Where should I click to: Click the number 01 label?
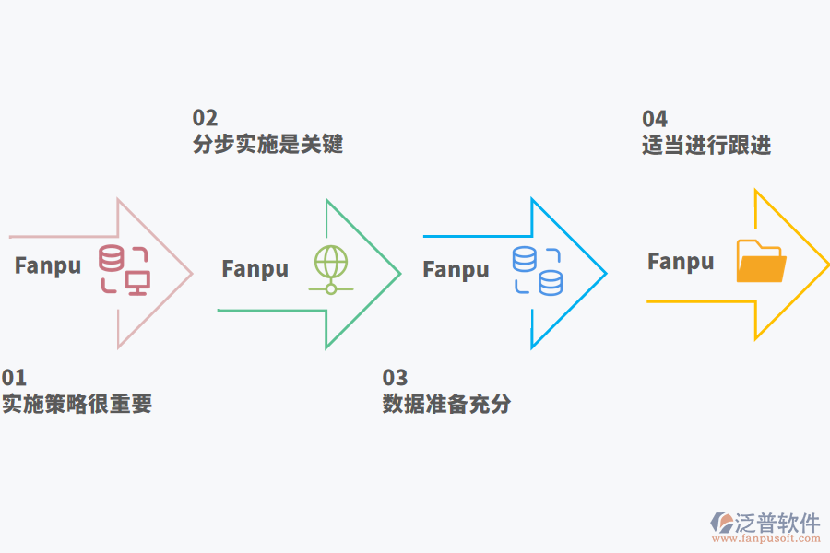click(x=14, y=377)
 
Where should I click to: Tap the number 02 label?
click(x=205, y=118)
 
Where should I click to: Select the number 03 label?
click(x=395, y=377)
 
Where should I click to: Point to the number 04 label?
click(x=655, y=119)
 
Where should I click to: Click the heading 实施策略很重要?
click(x=77, y=404)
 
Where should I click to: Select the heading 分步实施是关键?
click(x=267, y=145)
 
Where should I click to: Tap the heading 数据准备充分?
click(x=446, y=404)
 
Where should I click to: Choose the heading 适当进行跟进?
click(x=706, y=146)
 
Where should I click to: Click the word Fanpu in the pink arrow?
click(x=48, y=266)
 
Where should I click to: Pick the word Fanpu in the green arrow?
click(x=255, y=269)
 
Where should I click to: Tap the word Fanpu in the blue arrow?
click(x=456, y=270)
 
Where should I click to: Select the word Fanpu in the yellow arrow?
click(x=681, y=262)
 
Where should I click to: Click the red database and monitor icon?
click(x=125, y=270)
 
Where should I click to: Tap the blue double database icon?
click(x=538, y=271)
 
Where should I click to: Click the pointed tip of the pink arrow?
click(x=191, y=273)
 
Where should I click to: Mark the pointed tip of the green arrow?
click(x=399, y=274)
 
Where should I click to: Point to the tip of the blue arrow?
click(x=605, y=273)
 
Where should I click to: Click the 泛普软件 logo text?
click(x=777, y=523)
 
